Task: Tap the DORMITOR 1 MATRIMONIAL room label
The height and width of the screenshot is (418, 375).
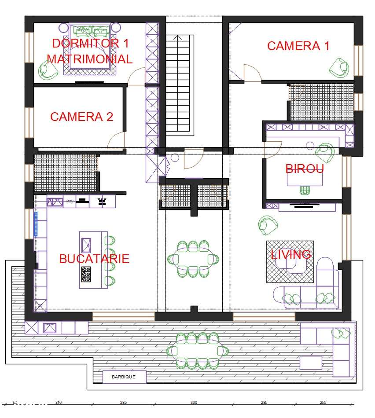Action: pyautogui.click(x=90, y=51)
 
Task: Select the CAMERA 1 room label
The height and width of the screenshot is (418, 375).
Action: pyautogui.click(x=298, y=46)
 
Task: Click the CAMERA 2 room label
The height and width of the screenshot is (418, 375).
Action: pyautogui.click(x=81, y=117)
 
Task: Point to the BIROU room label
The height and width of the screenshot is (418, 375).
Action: pyautogui.click(x=305, y=169)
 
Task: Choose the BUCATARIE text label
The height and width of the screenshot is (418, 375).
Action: pyautogui.click(x=94, y=258)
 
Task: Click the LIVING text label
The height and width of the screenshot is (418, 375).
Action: pyautogui.click(x=290, y=254)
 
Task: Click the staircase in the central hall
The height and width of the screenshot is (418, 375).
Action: pyautogui.click(x=179, y=84)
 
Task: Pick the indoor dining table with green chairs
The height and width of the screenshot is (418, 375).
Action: pyautogui.click(x=192, y=259)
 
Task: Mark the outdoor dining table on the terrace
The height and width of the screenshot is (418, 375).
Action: pyautogui.click(x=197, y=351)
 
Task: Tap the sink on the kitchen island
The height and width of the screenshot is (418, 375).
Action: pyautogui.click(x=86, y=245)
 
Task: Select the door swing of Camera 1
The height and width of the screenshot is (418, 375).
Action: pyautogui.click(x=252, y=73)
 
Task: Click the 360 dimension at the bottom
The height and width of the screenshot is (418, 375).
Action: pyautogui.click(x=193, y=402)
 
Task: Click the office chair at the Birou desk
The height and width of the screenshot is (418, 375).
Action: pyautogui.click(x=305, y=189)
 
